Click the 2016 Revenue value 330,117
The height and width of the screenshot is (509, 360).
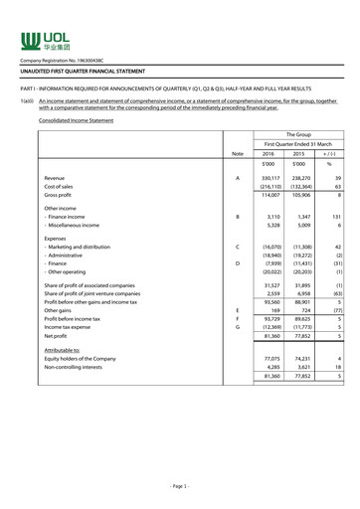[x=266, y=178]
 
